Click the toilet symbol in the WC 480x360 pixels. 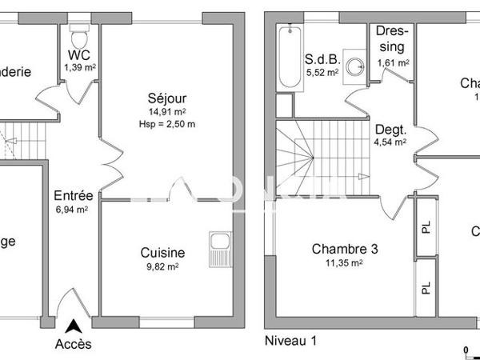tap(79, 35)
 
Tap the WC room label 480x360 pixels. tap(79, 56)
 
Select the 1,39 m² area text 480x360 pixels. tap(79, 69)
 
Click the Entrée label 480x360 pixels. tap(73, 195)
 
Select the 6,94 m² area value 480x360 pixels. tap(71, 210)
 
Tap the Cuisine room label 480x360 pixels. tap(162, 252)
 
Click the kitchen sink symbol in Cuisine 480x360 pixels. tap(218, 248)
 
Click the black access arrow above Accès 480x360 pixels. tap(73, 326)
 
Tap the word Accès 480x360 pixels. tap(73, 345)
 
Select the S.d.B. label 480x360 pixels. tap(322, 58)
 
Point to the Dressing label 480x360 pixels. tap(393, 39)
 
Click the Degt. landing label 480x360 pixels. tap(390, 130)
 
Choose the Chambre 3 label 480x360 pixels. tap(344, 247)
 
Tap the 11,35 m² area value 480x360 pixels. tap(344, 262)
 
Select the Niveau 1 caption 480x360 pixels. tap(290, 341)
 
